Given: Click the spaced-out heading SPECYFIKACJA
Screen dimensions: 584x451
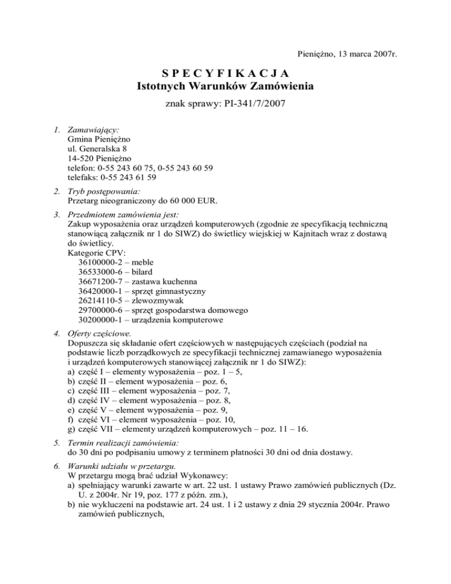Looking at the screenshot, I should click(225, 73).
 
